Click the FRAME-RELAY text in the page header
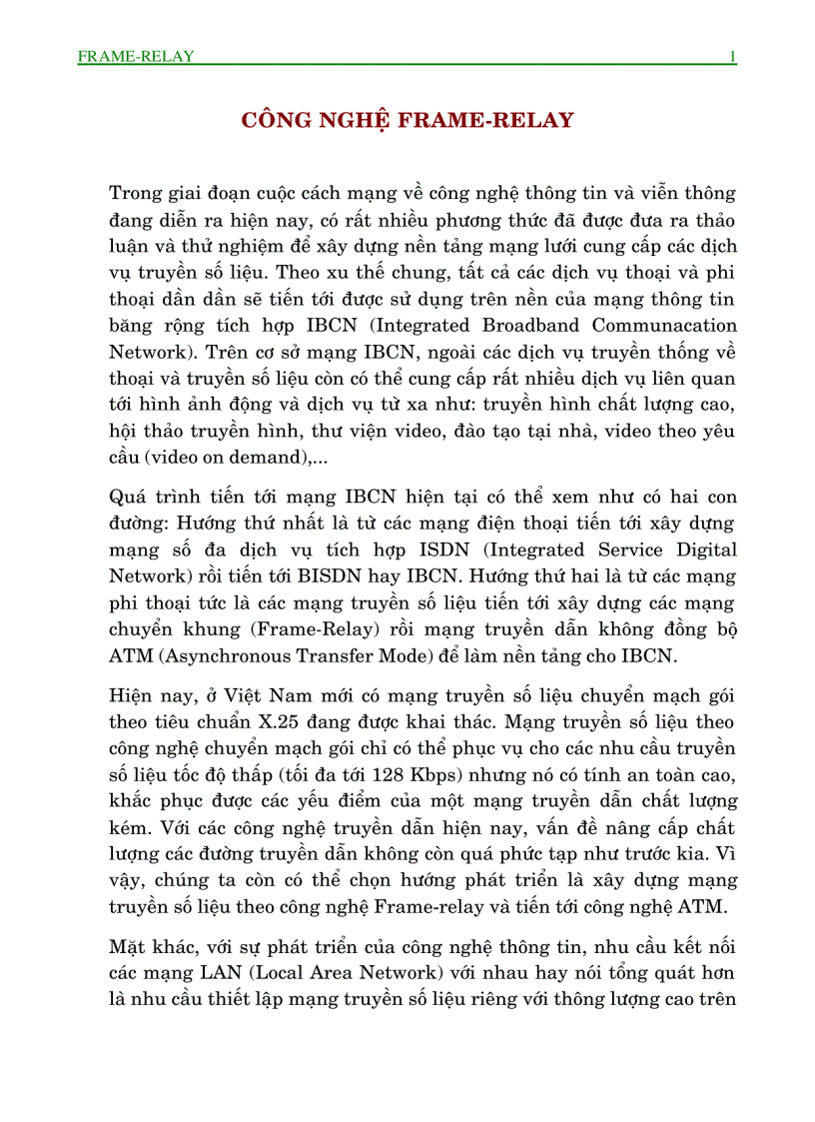pos(135,56)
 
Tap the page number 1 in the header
pos(733,56)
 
